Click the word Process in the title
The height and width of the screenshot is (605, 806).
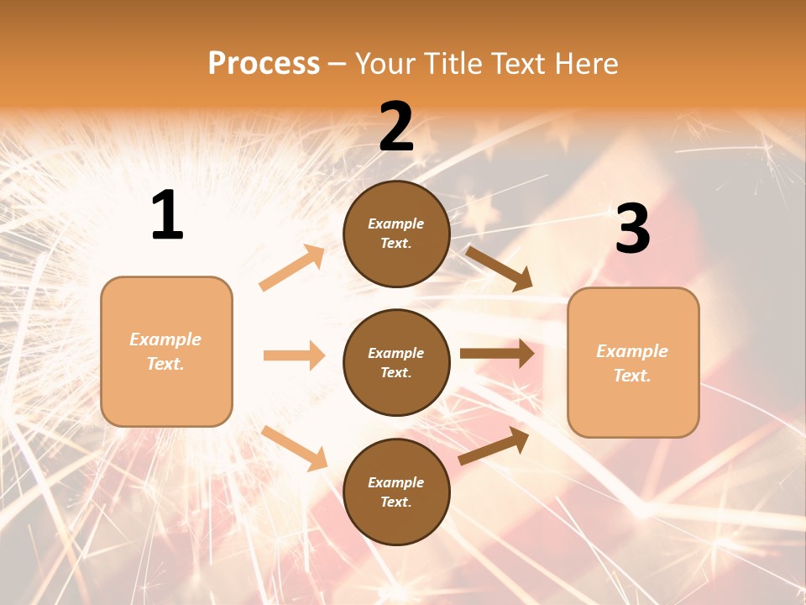[x=264, y=64]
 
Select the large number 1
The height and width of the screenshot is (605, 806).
[x=167, y=216]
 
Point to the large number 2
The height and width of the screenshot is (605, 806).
[x=396, y=126]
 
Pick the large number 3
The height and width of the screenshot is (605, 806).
[x=632, y=229]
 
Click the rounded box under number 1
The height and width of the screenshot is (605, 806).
[x=166, y=351]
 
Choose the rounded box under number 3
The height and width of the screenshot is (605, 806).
[x=633, y=362]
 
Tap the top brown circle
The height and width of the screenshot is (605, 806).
[x=396, y=234]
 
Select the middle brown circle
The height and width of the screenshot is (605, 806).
[x=396, y=362]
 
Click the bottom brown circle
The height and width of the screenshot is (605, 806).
[x=396, y=492]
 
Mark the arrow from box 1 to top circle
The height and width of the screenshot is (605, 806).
[x=292, y=268]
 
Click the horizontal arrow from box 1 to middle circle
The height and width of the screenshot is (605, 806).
[x=294, y=355]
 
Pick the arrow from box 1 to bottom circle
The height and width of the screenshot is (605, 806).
[x=294, y=448]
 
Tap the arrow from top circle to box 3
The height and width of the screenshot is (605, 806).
[x=499, y=268]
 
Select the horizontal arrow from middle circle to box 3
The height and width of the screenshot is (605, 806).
[x=497, y=354]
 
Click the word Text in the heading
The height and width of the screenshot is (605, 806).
[x=522, y=64]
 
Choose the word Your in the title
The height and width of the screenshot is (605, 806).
[x=386, y=64]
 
